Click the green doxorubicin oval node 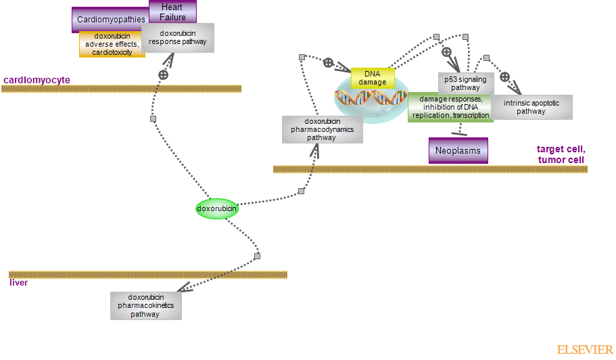217,208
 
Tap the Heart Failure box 172,12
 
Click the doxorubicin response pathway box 178,37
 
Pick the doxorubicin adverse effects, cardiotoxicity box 112,44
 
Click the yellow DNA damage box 373,78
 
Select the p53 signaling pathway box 466,83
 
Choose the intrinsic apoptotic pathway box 531,107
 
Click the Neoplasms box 458,150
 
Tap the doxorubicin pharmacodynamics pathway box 322,129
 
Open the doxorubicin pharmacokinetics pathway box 145,305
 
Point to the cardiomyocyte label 37,80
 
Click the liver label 18,282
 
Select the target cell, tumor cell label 561,154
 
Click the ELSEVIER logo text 584,349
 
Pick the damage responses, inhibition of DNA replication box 450,108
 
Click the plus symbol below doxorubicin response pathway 163,74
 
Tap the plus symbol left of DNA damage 328,62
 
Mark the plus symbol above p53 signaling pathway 446,51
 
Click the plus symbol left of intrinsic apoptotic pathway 504,76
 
